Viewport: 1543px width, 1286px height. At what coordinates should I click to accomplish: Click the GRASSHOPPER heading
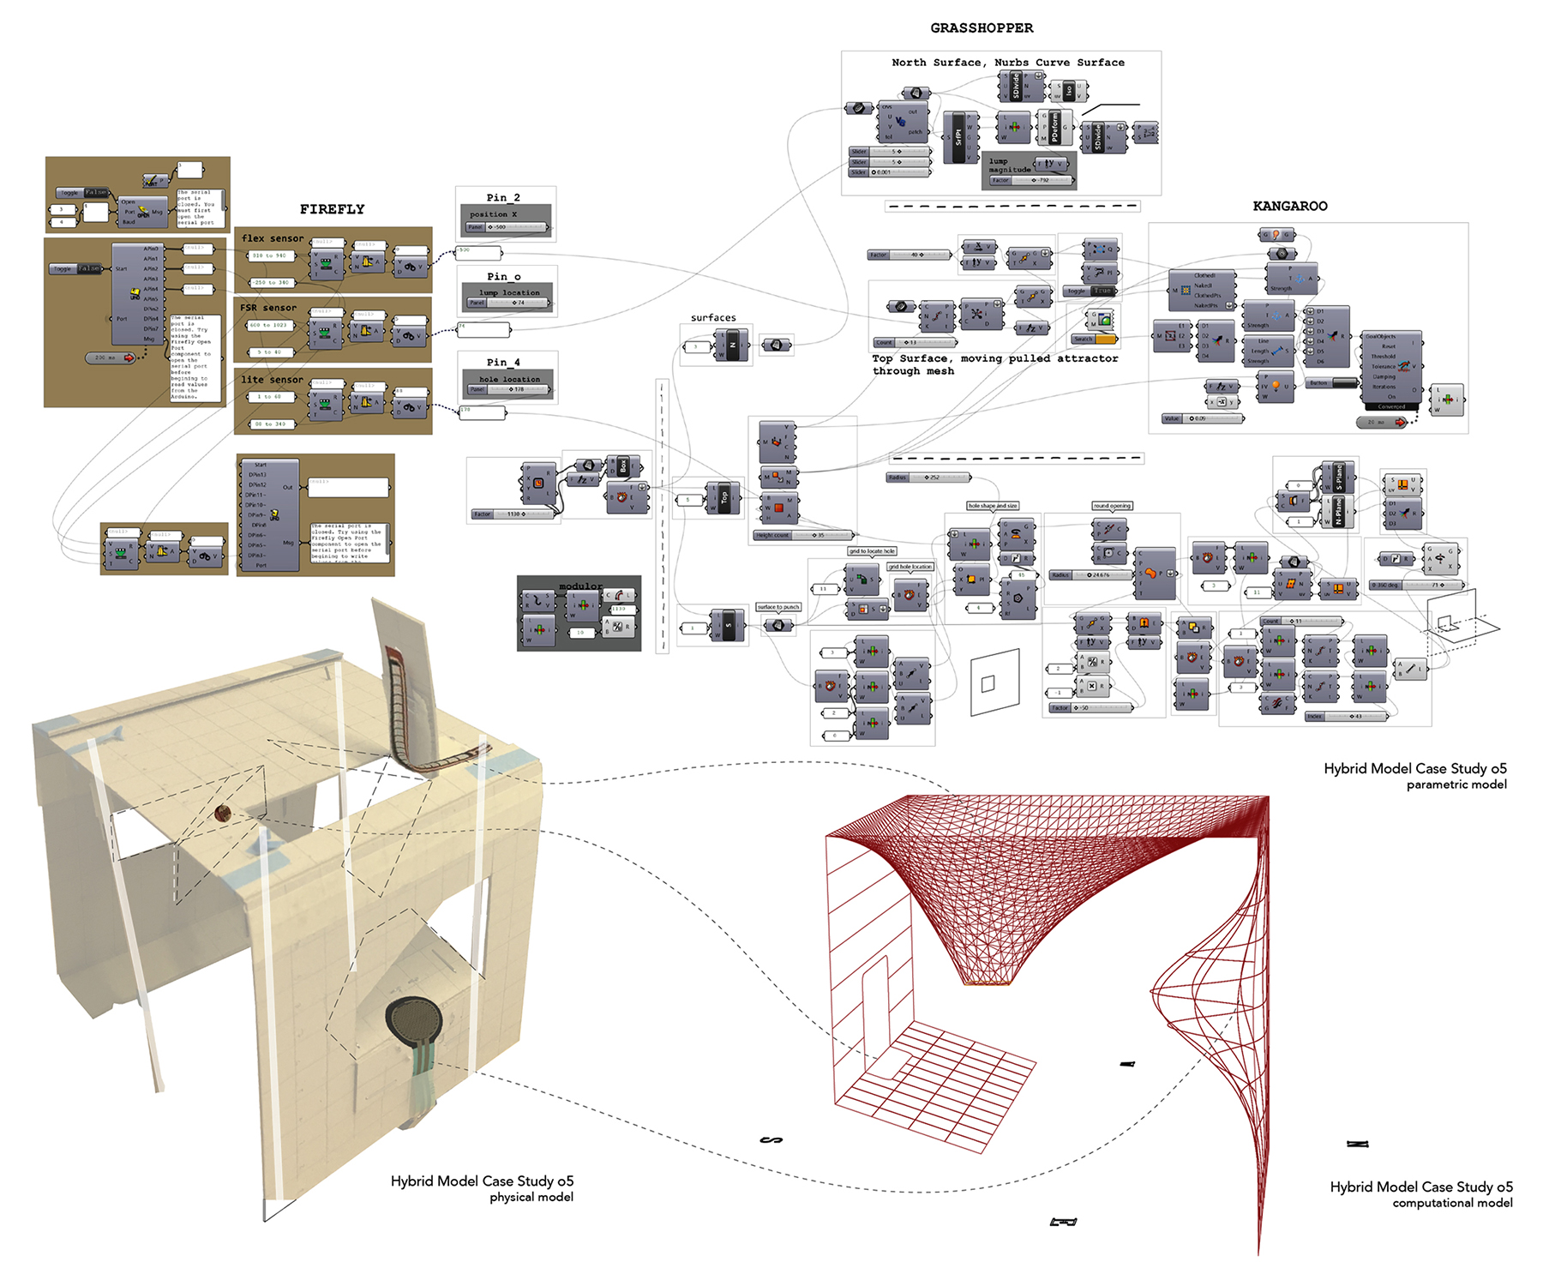coord(982,28)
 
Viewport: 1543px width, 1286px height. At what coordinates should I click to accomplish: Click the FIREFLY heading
coord(332,209)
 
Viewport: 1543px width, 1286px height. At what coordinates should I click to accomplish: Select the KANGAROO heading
coord(1289,206)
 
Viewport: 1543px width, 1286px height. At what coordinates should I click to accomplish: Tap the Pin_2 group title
coord(503,197)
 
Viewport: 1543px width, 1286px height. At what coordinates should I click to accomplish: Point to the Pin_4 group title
coord(503,362)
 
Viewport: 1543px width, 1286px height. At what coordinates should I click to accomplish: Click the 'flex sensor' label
coord(273,238)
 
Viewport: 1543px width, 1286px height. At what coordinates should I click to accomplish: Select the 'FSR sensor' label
coord(268,307)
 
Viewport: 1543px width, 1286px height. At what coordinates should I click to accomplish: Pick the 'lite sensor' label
coord(272,379)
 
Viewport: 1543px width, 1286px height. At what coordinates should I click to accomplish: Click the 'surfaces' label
coord(713,317)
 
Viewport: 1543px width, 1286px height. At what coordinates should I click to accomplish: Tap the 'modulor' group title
coord(580,586)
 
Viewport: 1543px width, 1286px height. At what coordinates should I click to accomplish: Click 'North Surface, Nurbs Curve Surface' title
coord(1007,63)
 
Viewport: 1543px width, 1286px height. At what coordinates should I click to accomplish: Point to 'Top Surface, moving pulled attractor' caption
coord(994,359)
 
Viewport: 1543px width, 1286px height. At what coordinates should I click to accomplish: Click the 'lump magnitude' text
coord(1009,165)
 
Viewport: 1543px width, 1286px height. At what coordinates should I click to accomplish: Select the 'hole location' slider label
coord(509,379)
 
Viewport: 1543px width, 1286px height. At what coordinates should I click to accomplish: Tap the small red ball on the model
coord(223,812)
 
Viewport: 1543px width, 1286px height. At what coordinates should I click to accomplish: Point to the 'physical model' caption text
coord(531,1197)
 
